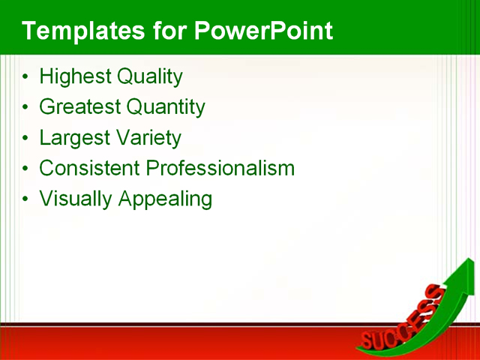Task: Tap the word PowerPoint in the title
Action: pos(262,31)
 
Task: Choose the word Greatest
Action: pos(79,107)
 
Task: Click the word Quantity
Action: pos(166,107)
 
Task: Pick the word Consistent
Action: pos(89,168)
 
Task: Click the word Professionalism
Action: pos(220,168)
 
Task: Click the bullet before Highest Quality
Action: pos(27,77)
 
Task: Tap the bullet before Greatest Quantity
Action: pos(27,108)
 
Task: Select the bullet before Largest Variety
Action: pos(27,139)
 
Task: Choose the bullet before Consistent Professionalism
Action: pos(27,169)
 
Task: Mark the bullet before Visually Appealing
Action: pos(27,200)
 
